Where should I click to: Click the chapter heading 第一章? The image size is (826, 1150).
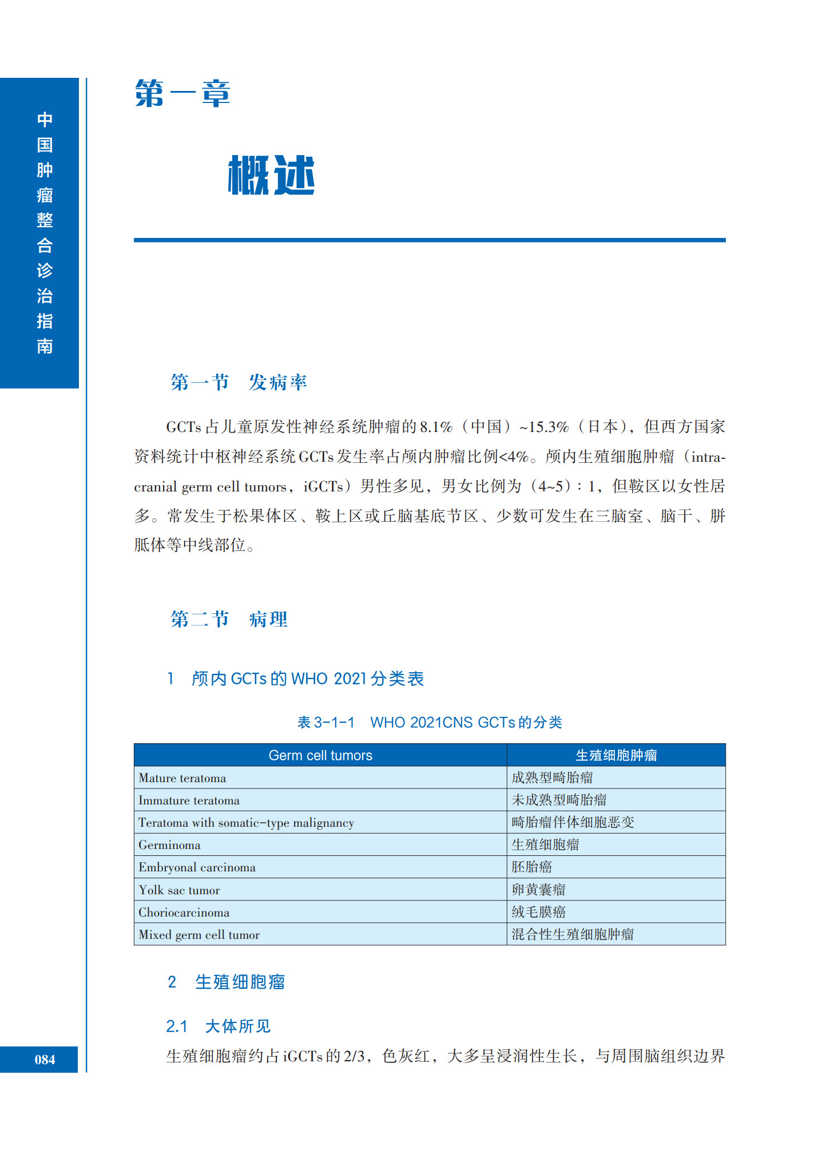(x=182, y=94)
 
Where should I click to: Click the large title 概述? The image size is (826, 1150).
(x=271, y=175)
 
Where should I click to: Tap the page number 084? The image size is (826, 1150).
(x=45, y=1060)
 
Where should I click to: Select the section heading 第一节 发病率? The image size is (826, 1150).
(x=239, y=382)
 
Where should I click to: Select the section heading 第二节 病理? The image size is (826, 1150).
(x=229, y=619)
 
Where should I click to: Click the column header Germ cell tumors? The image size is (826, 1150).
(x=320, y=755)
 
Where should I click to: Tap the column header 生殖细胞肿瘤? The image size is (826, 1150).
(x=616, y=755)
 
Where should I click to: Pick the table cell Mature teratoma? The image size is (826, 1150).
(x=182, y=778)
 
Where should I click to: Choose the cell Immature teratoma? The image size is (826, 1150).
(x=189, y=800)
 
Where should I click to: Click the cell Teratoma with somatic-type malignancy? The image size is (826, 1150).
(x=246, y=823)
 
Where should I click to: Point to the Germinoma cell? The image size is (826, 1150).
(x=169, y=845)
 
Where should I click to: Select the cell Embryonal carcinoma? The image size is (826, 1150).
(x=197, y=867)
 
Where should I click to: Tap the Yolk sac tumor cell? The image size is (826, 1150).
(x=179, y=890)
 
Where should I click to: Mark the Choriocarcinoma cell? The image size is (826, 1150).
(x=184, y=913)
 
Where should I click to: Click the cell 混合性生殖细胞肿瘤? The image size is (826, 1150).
(x=573, y=934)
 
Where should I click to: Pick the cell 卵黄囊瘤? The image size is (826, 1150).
(x=538, y=890)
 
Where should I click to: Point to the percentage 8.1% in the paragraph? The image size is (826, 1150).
(x=436, y=427)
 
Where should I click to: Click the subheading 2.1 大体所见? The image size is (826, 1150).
(x=218, y=1026)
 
